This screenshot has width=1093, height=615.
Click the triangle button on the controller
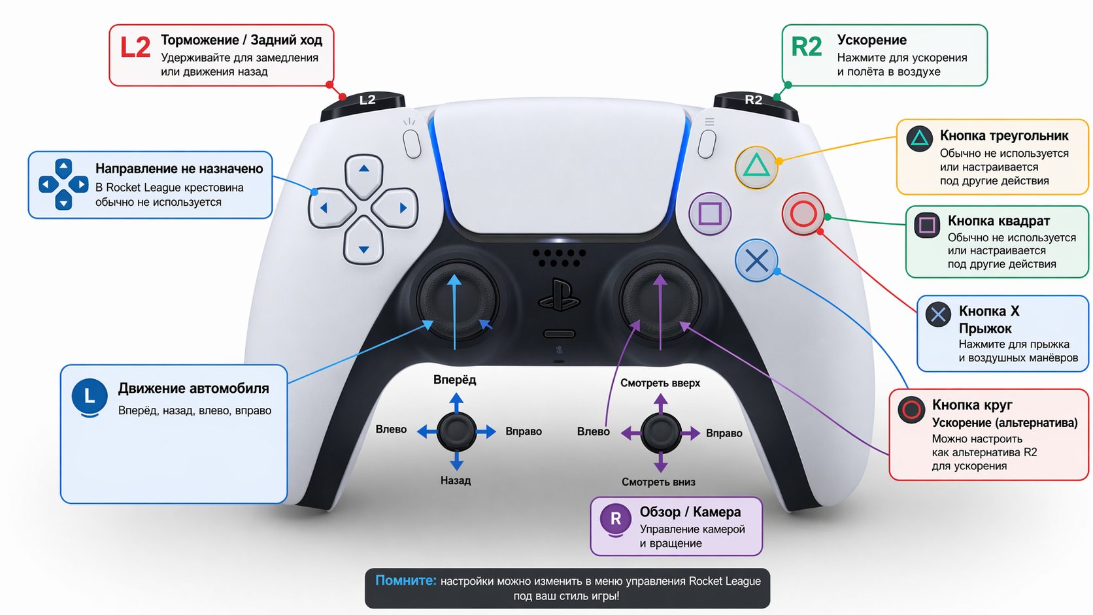[x=756, y=167]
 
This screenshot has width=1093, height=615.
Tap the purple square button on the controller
[x=710, y=214]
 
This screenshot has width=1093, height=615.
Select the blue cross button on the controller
[x=756, y=261]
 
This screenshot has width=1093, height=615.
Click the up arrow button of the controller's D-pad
[x=363, y=171]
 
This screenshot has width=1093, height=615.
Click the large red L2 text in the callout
[x=135, y=48]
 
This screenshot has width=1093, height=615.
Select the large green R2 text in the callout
[x=806, y=47]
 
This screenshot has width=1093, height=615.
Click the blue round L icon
[x=90, y=396]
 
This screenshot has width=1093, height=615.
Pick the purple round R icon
[x=615, y=520]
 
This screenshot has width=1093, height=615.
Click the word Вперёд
[x=455, y=380]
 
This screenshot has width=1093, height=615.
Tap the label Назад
[x=456, y=480]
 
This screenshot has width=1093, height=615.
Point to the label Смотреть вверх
[x=660, y=383]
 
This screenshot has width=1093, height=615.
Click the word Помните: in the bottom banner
[x=405, y=580]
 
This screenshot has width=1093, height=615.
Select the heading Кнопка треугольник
[x=1004, y=136]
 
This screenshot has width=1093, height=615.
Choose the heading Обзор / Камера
[x=690, y=512]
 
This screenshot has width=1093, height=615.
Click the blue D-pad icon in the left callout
[x=63, y=184]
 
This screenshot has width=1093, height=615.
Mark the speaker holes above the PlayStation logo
[x=559, y=258]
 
